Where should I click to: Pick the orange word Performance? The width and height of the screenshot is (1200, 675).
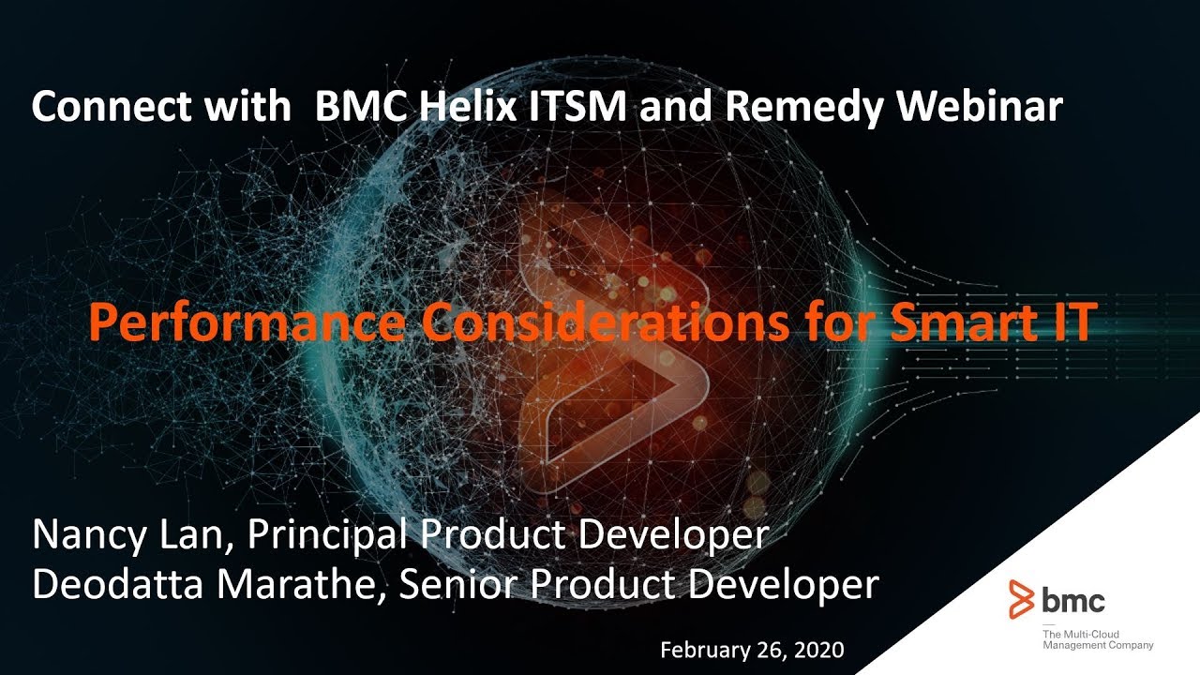[x=247, y=323]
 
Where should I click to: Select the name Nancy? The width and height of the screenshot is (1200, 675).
[x=90, y=535]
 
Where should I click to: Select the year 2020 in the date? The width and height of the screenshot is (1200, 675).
[x=820, y=650]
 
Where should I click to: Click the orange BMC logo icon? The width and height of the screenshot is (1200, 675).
[x=1022, y=599]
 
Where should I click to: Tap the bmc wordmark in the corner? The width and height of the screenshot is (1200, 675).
[x=1073, y=600]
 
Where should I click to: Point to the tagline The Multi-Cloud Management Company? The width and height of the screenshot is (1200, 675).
[x=1097, y=640]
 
